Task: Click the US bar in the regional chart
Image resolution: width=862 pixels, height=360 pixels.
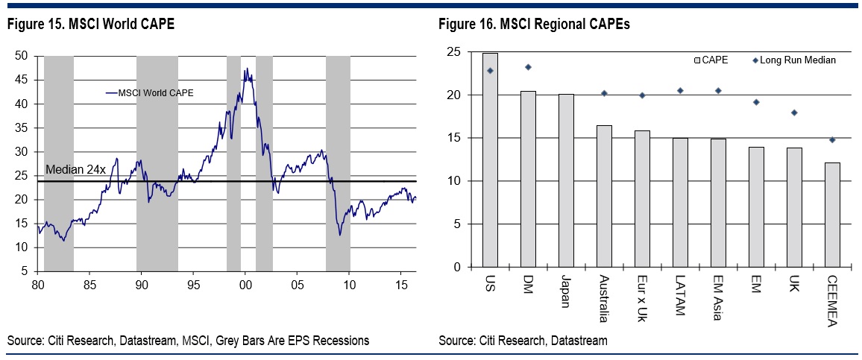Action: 490,160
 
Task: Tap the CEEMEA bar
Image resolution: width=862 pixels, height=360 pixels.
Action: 832,215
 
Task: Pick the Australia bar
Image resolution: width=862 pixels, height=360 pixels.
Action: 604,196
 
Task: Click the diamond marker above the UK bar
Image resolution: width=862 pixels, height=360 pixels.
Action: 794,113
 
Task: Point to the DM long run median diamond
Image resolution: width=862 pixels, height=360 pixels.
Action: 528,67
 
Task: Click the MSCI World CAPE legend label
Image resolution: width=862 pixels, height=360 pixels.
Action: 157,92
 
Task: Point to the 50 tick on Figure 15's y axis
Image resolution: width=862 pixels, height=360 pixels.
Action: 22,56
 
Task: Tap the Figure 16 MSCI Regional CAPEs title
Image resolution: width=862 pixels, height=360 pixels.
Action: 534,25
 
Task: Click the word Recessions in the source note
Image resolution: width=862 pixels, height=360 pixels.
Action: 339,341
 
